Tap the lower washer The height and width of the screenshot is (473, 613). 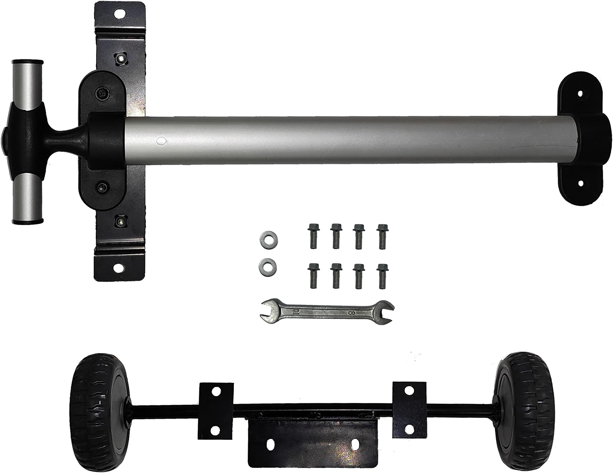pyautogui.click(x=268, y=266)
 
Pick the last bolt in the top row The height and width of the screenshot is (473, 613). pyautogui.click(x=381, y=236)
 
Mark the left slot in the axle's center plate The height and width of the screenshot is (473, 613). pyautogui.click(x=270, y=444)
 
